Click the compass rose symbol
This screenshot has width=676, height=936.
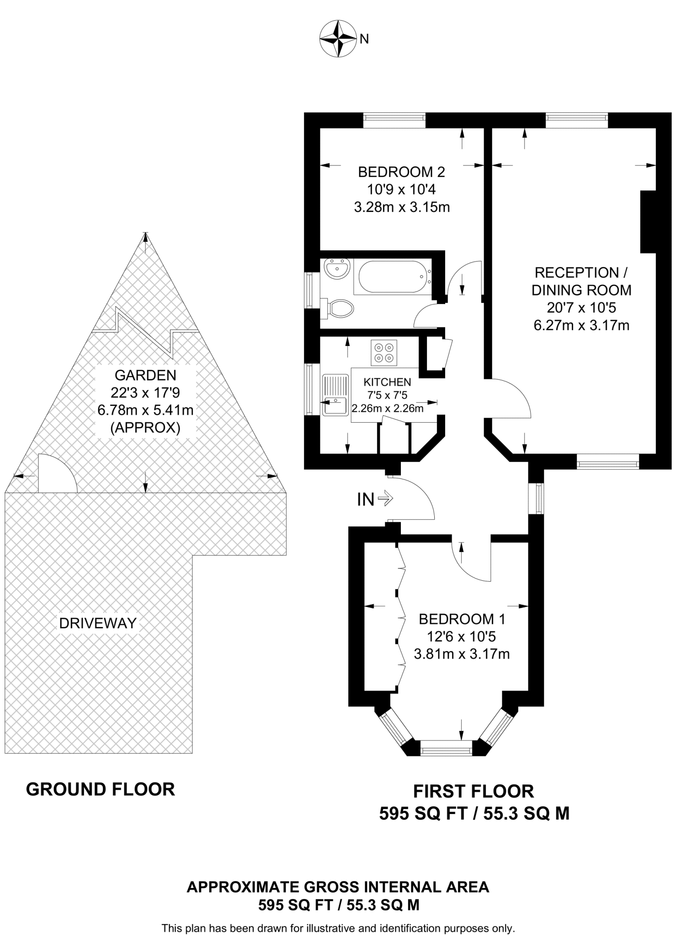(338, 39)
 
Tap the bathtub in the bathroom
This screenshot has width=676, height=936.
(393, 277)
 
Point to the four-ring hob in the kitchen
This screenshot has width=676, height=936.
(384, 352)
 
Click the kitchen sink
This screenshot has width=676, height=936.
(335, 395)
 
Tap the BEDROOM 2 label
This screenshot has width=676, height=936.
(401, 172)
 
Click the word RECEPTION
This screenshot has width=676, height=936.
(577, 273)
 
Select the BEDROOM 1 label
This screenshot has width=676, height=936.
(462, 619)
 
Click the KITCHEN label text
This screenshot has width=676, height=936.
(387, 382)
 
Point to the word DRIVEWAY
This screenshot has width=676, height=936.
(98, 623)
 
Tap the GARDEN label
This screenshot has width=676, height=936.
(145, 375)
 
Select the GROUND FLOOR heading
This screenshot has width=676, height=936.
(101, 789)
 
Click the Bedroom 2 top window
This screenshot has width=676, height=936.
(394, 120)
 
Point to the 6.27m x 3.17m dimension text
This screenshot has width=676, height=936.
(581, 325)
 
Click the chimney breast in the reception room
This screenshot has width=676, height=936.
(649, 221)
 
